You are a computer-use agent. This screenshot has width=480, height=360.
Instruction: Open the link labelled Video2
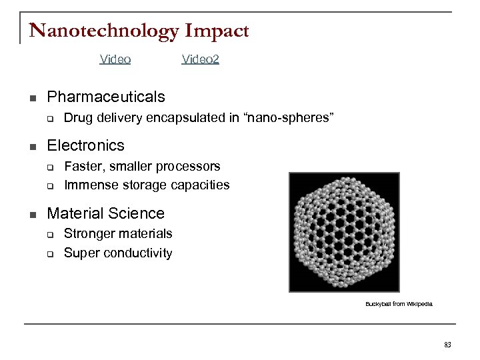point(201,59)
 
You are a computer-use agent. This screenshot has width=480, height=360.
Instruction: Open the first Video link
point(115,59)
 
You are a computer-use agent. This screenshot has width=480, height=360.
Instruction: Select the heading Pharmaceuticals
point(106,97)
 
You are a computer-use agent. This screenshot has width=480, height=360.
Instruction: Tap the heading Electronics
point(86,145)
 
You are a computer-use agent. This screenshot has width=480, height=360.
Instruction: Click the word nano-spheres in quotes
point(291,118)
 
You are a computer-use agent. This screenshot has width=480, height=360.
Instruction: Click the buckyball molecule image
point(343,231)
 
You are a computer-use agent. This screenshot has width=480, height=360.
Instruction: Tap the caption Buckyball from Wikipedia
point(399,303)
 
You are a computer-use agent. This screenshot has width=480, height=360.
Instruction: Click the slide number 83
point(447,344)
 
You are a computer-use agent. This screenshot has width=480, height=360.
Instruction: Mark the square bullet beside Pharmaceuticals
point(32,98)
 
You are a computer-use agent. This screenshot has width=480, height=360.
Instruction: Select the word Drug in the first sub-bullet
point(76,118)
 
